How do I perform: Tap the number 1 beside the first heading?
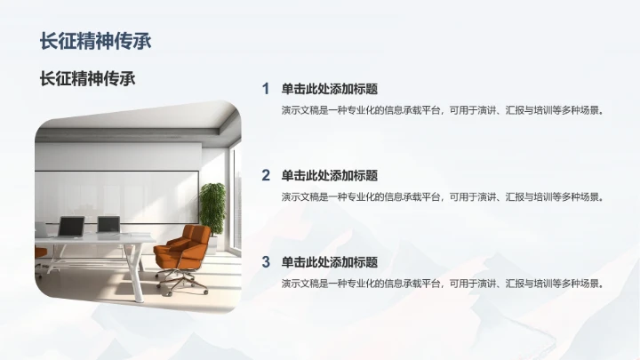coord(265,89)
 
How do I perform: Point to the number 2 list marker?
coord(265,175)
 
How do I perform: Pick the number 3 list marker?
coord(265,262)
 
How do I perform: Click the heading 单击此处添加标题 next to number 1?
coord(329,89)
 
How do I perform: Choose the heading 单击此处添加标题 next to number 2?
coord(329,175)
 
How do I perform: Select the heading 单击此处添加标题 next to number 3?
coord(329,262)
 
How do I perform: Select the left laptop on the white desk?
coord(70,227)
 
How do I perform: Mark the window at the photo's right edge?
coord(236,196)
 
